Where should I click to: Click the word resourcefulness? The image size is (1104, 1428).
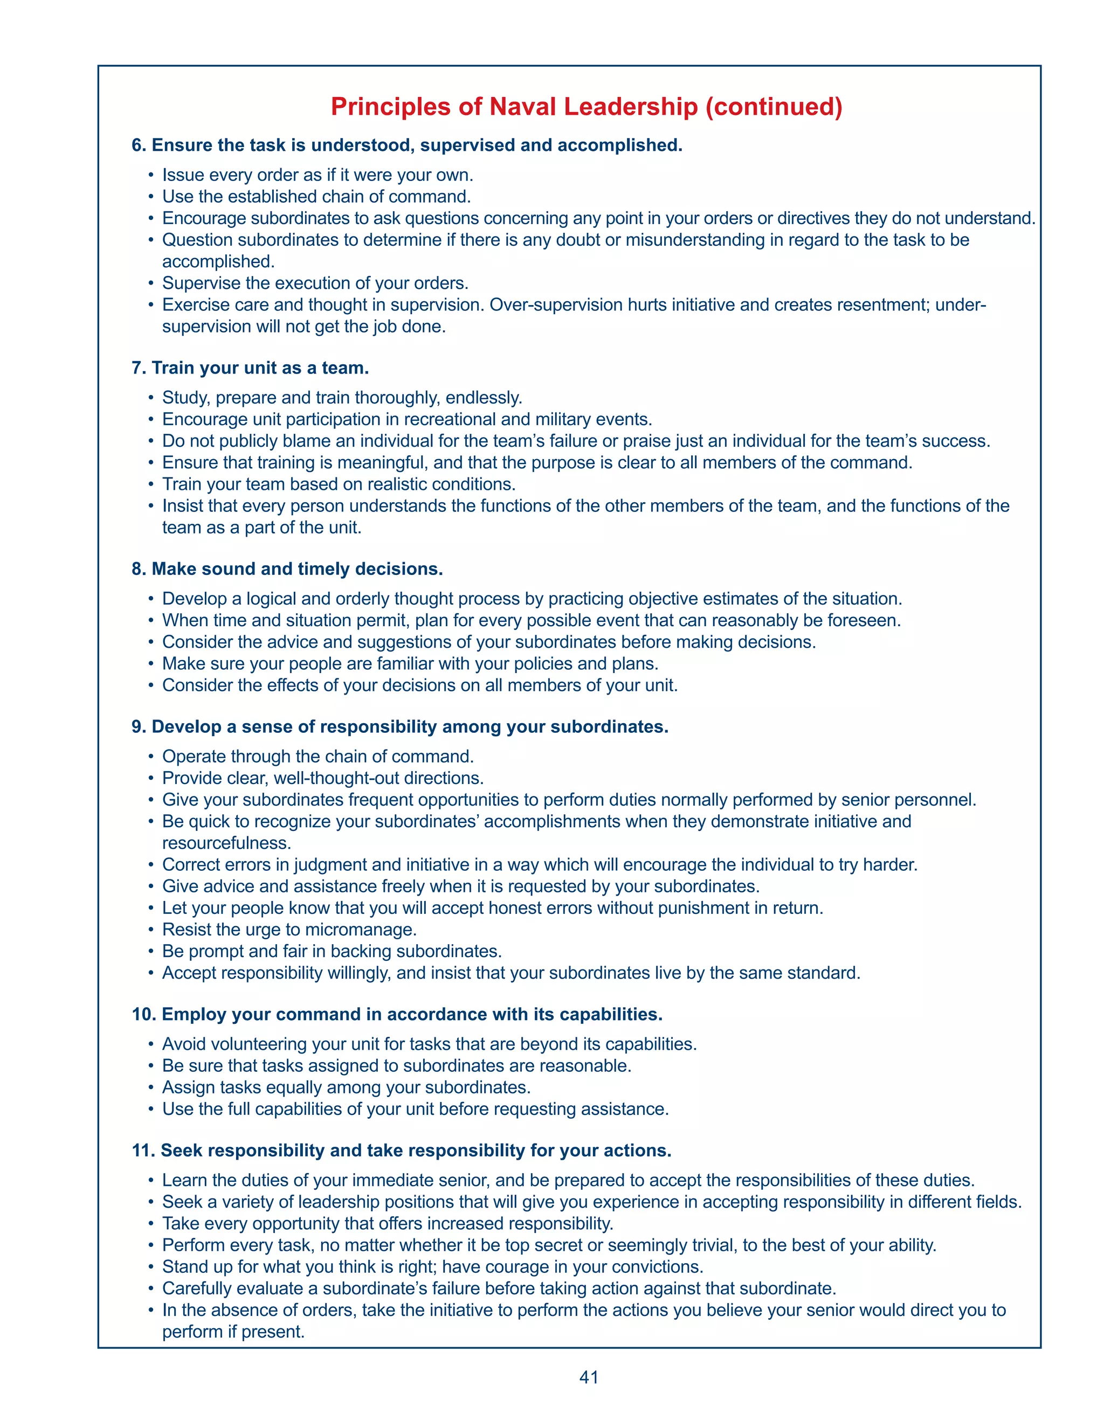[226, 843]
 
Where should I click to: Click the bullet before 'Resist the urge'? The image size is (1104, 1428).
[150, 930]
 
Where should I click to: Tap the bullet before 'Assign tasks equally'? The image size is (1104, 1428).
[150, 1087]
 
